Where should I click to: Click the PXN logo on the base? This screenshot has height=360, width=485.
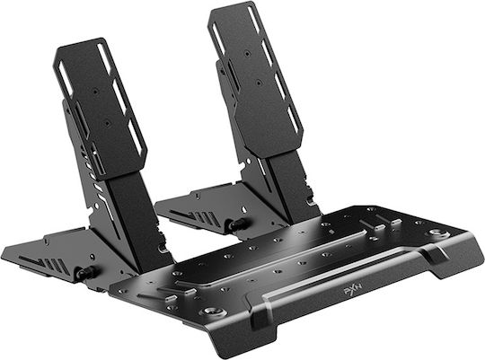click(x=353, y=292)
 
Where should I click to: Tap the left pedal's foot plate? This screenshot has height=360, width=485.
click(x=101, y=109)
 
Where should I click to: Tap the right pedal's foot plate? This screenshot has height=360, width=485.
click(x=255, y=79)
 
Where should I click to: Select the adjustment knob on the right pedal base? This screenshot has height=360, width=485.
click(x=237, y=224)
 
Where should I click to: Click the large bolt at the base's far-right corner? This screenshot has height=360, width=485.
click(x=436, y=233)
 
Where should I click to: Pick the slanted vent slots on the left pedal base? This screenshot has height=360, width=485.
click(x=46, y=263)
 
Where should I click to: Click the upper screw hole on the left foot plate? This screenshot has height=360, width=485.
click(x=95, y=92)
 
